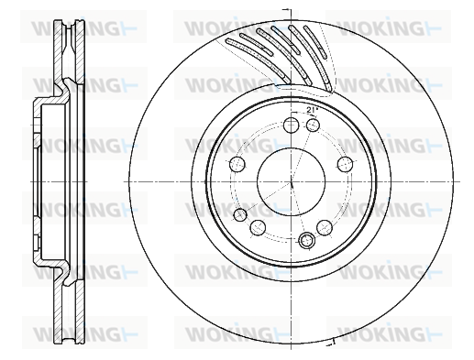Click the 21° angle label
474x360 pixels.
[312, 111]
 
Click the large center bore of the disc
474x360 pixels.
[292, 181]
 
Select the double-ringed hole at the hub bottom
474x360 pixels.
[306, 240]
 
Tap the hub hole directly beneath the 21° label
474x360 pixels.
[313, 125]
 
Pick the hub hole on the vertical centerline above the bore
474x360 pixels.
[291, 125]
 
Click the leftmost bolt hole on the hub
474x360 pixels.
[237, 164]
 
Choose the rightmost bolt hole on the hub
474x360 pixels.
[346, 164]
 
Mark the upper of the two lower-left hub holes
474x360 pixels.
[240, 214]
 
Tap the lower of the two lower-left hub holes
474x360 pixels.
[258, 227]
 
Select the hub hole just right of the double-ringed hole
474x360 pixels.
[325, 227]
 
